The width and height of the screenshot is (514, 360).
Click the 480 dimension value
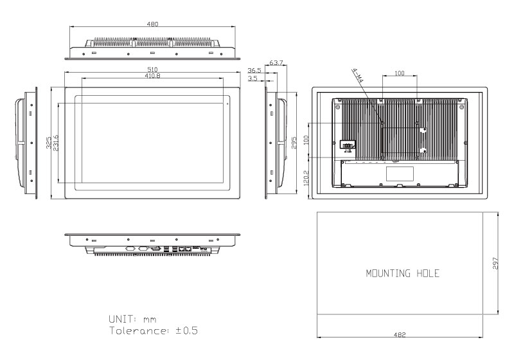pos(152,24)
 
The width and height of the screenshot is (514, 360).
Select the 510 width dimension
pos(152,69)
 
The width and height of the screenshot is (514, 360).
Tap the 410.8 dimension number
pos(152,76)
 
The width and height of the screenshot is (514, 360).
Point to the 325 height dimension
pos(49,143)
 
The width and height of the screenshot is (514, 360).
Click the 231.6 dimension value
pos(56,143)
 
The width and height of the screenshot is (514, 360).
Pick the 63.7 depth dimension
pos(276,62)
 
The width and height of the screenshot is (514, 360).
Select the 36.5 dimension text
pos(254,71)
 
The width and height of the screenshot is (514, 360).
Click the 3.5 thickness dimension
pos(253,78)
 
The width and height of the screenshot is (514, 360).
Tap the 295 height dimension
pos(294,143)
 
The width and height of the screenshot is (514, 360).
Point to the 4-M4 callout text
pos(358,75)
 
